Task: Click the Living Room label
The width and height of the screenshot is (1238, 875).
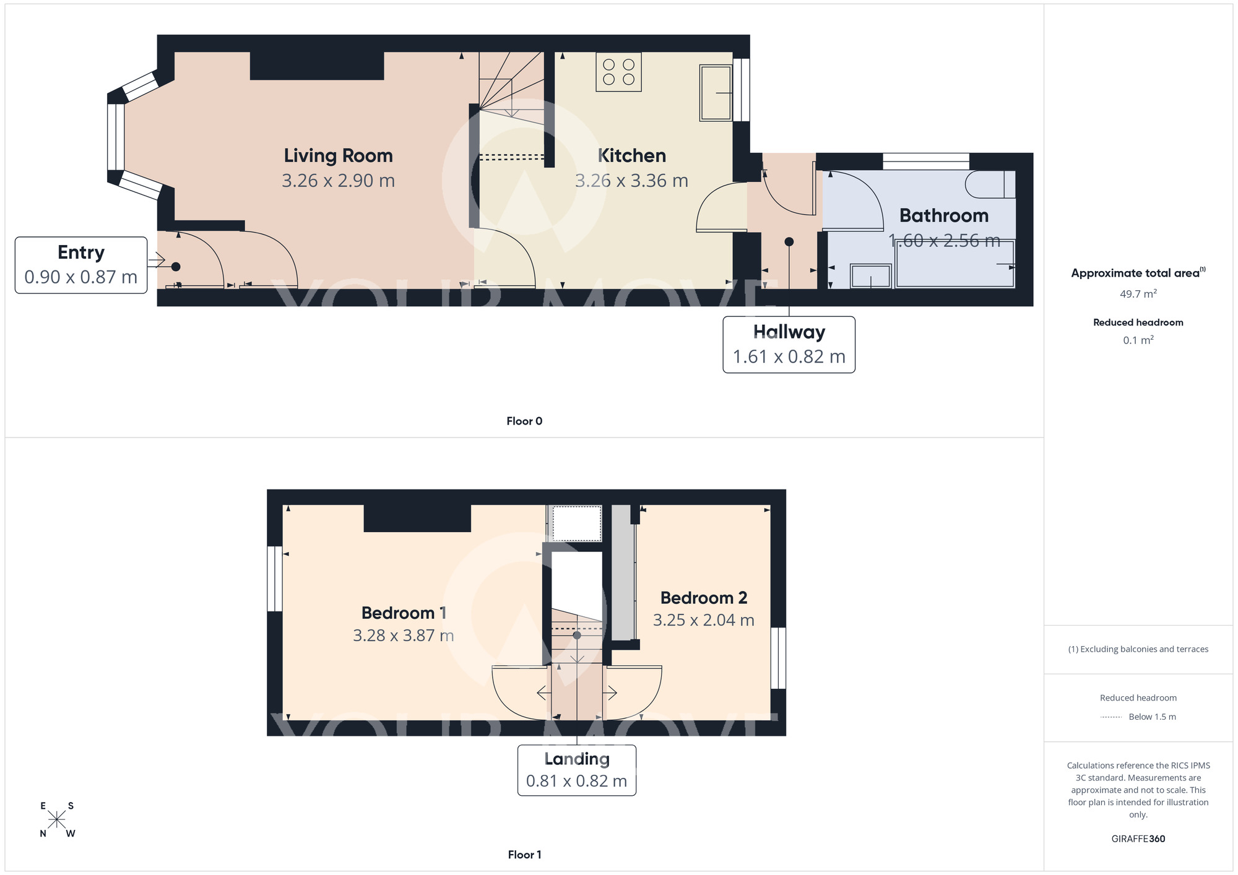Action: [338, 156]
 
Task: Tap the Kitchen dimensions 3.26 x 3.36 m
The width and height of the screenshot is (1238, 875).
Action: [631, 181]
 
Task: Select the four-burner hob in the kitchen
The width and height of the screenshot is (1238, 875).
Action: [618, 72]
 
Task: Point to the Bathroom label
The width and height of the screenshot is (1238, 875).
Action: [943, 216]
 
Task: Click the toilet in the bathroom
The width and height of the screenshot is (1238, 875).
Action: [990, 184]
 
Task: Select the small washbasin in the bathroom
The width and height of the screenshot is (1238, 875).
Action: [870, 276]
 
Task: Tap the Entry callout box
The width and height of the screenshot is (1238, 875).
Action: [81, 265]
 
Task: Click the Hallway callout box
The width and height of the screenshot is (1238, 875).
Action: [789, 345]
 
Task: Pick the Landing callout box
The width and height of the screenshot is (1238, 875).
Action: [576, 770]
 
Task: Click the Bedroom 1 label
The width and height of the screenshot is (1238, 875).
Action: [404, 613]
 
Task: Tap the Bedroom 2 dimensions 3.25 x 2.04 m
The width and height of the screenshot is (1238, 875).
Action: [703, 620]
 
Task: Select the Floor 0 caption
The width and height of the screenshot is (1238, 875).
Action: [524, 421]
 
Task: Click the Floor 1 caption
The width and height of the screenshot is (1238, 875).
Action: [524, 855]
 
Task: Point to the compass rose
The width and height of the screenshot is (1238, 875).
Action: [57, 820]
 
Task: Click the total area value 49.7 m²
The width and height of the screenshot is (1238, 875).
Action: [1138, 294]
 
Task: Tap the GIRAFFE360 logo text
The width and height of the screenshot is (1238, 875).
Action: [1138, 839]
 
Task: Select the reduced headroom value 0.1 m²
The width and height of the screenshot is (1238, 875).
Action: [1138, 340]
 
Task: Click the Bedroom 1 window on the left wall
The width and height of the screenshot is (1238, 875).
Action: [274, 579]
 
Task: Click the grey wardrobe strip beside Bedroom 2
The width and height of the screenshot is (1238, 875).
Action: [623, 572]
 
